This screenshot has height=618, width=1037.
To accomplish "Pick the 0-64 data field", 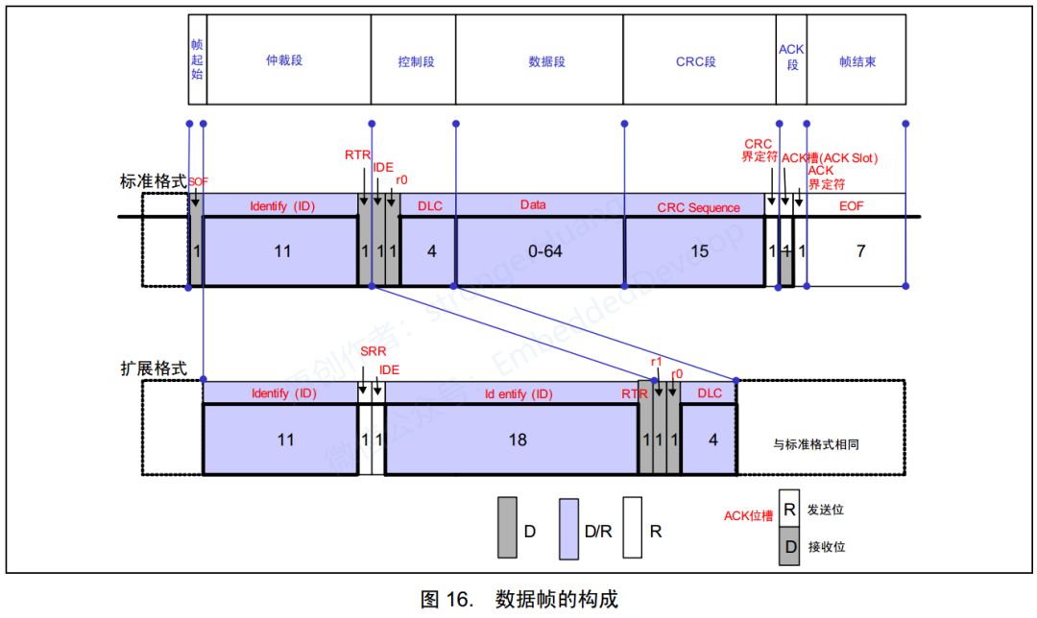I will pyautogui.click(x=540, y=251).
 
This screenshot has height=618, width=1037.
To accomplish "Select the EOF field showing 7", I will pyautogui.click(x=860, y=251).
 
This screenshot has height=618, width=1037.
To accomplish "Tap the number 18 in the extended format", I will pyautogui.click(x=517, y=440).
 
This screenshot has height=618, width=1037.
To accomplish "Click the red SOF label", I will pyautogui.click(x=198, y=181).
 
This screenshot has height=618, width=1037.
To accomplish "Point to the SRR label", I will pyautogui.click(x=373, y=352).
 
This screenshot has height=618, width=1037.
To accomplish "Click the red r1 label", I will pyautogui.click(x=657, y=361).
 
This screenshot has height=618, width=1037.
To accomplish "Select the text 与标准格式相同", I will pyautogui.click(x=823, y=444).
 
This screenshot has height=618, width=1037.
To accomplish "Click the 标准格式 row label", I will pyautogui.click(x=152, y=180).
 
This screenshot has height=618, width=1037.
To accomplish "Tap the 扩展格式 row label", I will pyautogui.click(x=151, y=368).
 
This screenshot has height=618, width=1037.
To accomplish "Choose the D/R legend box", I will pyautogui.click(x=569, y=528).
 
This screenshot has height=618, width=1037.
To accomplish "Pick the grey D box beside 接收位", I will pyautogui.click(x=789, y=547).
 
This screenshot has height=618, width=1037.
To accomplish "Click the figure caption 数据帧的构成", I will pyautogui.click(x=557, y=600).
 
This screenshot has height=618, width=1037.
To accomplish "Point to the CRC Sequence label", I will pyautogui.click(x=698, y=206).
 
